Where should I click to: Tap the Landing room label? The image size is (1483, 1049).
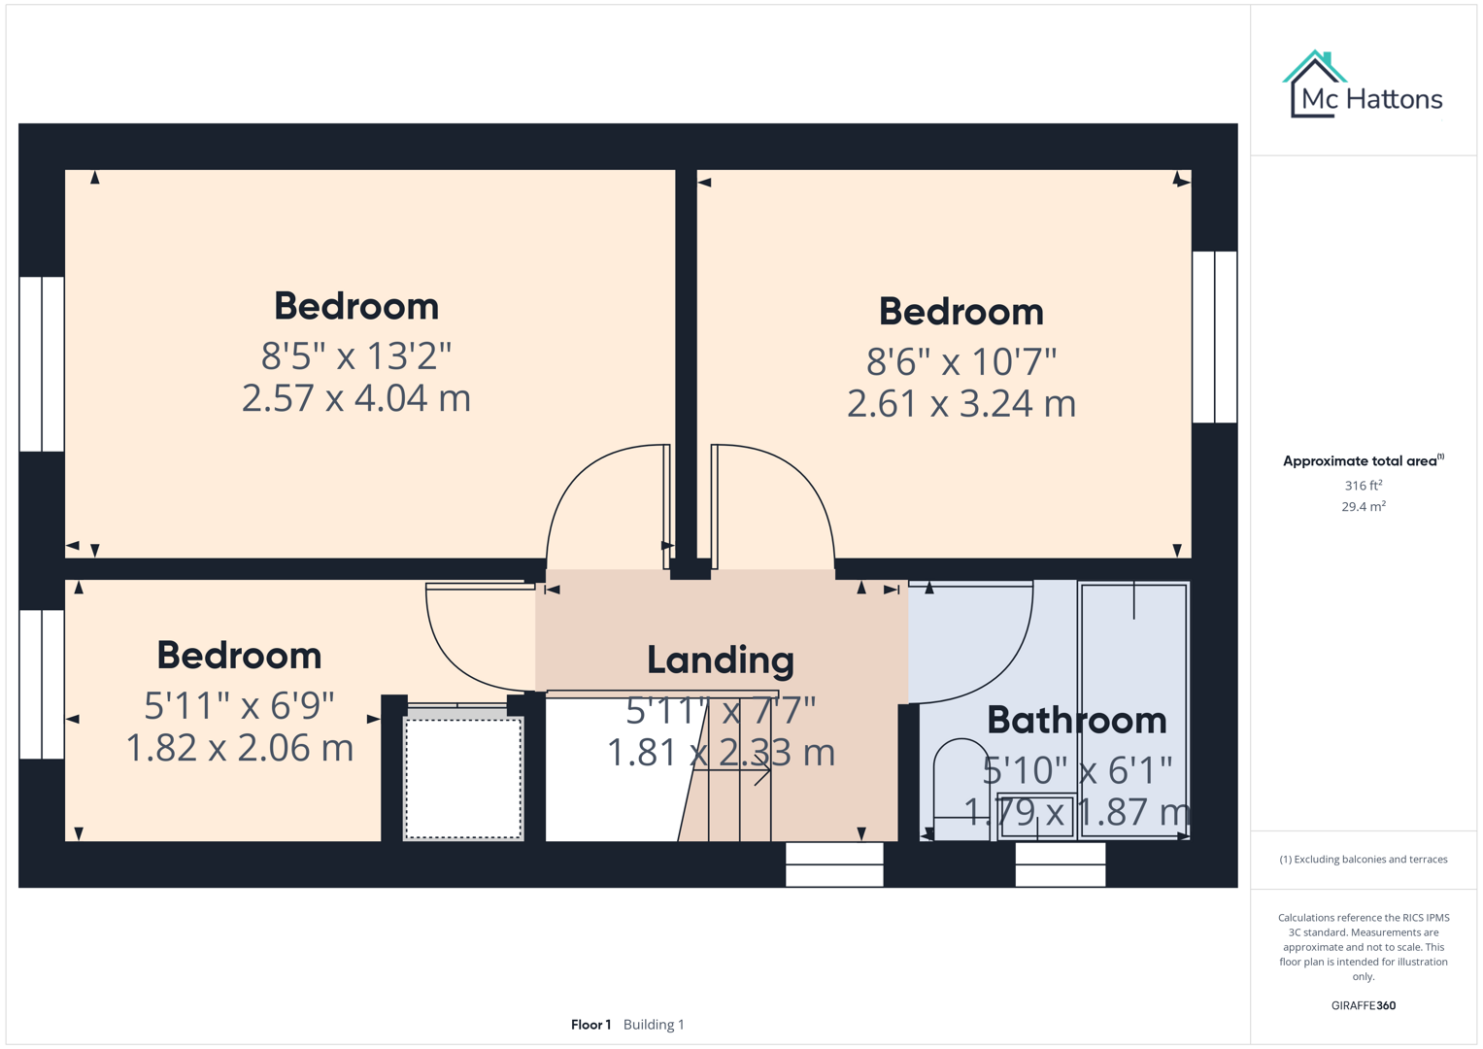point(721,660)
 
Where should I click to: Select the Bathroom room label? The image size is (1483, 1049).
point(1076,721)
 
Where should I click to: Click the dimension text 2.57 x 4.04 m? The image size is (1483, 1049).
point(355,398)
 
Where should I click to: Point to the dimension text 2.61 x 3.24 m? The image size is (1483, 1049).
point(961,403)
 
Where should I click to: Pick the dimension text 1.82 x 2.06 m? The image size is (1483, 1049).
point(239,748)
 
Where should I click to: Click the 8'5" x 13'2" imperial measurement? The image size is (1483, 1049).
point(355,356)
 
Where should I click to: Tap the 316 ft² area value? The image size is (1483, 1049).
point(1363,486)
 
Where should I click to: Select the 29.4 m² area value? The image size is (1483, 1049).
point(1363,507)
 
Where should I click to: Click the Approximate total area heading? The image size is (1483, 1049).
point(1363,461)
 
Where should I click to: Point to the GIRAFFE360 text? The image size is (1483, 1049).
point(1363,1005)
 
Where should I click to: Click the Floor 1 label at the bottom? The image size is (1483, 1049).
point(590,1025)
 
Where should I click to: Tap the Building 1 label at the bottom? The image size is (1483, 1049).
point(654,1025)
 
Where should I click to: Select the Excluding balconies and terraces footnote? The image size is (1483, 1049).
point(1363,860)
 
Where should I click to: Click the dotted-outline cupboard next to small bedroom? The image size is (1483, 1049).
point(463,778)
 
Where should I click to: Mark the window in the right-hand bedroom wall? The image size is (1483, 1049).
point(1214,337)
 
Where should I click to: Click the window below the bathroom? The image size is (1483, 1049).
point(1060,864)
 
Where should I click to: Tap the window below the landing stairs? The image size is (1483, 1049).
point(834,864)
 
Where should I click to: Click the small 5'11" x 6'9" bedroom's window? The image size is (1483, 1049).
point(42,684)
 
